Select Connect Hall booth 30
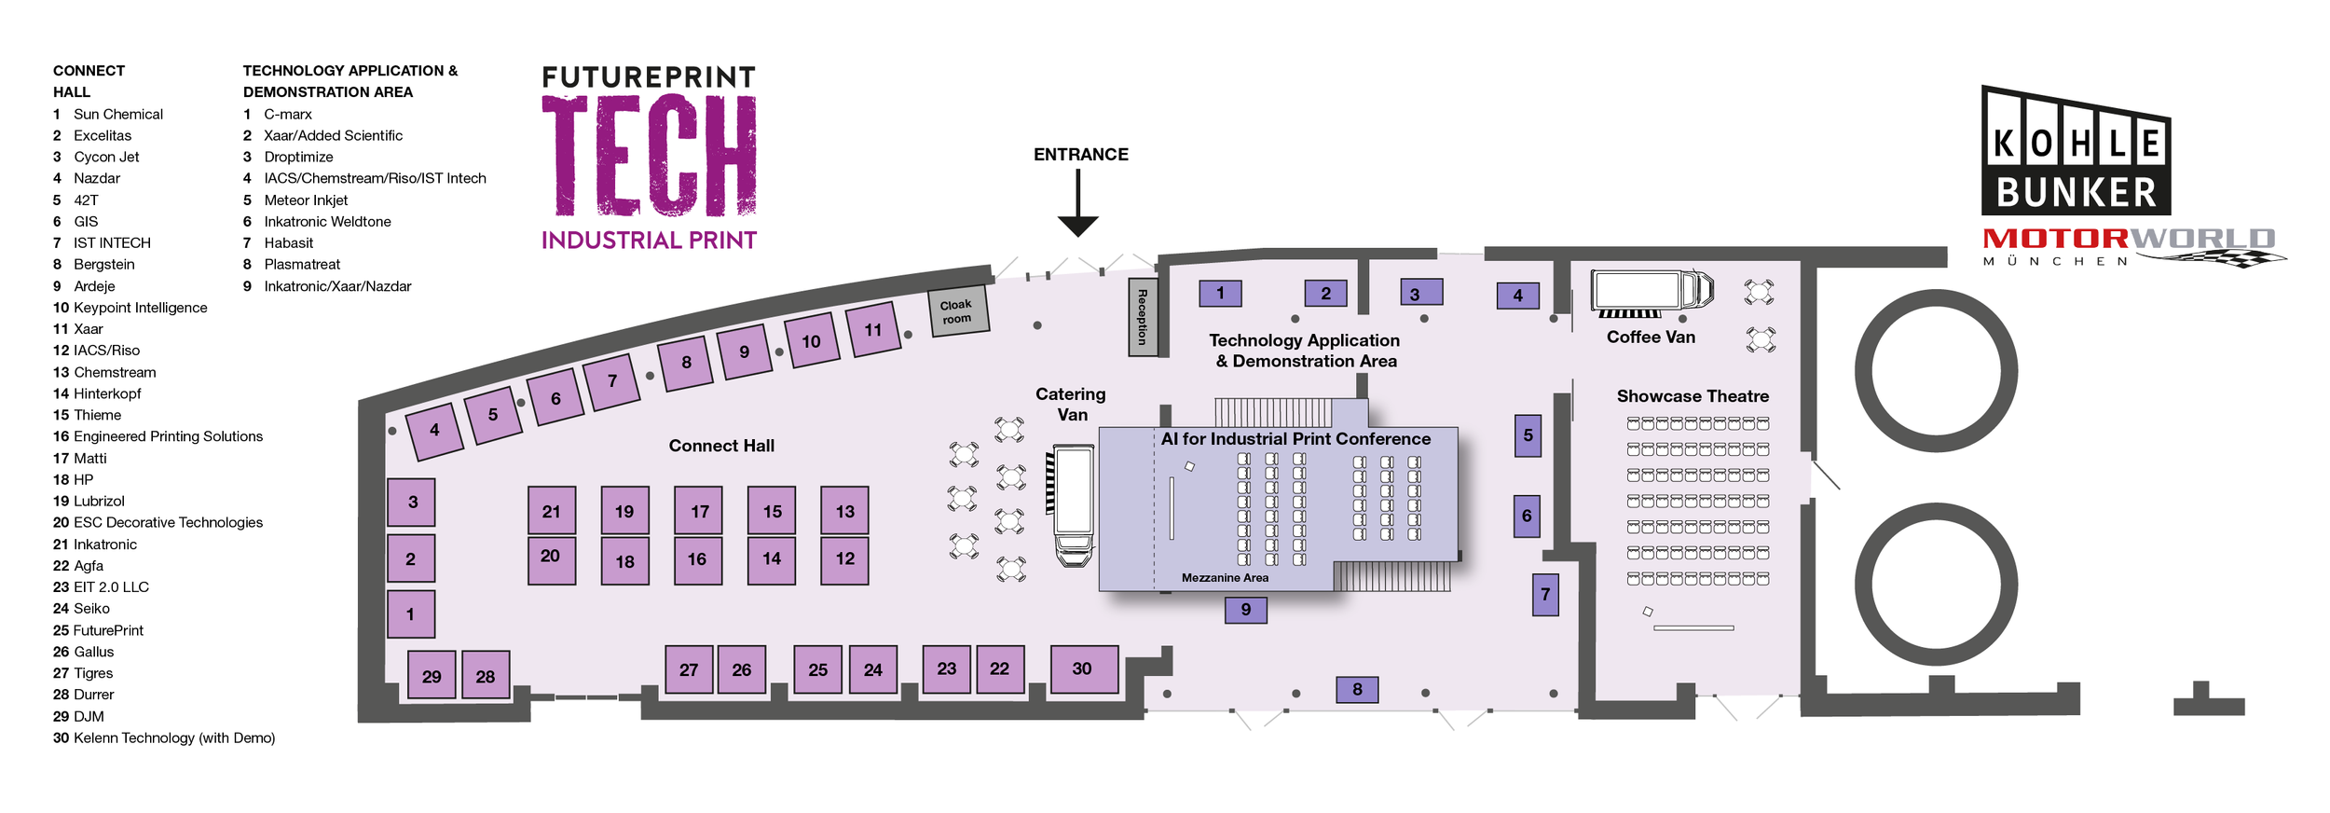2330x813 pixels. click(1084, 668)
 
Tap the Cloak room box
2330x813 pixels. click(957, 311)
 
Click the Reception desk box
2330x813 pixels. click(1143, 317)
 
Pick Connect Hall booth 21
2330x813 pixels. click(552, 511)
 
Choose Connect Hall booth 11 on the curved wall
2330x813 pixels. click(873, 329)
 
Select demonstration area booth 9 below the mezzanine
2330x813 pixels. click(1246, 610)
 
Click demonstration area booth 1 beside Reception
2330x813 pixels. click(1220, 294)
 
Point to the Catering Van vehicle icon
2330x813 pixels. click(1074, 503)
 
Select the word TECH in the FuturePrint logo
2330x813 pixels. click(649, 157)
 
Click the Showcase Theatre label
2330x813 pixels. click(1693, 396)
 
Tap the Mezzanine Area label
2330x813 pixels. click(1225, 578)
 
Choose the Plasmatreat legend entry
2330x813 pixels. click(302, 265)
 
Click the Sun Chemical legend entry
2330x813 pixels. click(117, 115)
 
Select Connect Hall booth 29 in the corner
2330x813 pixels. click(432, 676)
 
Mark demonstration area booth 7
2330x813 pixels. click(1545, 594)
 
